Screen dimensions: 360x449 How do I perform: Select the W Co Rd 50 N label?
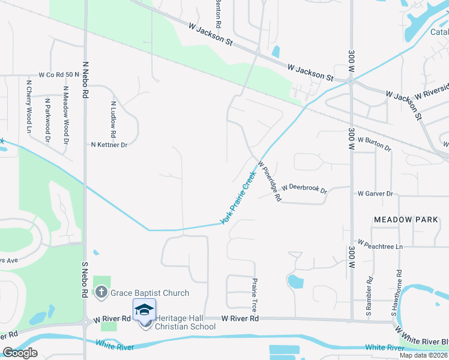point(59,75)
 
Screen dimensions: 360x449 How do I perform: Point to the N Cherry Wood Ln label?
point(28,106)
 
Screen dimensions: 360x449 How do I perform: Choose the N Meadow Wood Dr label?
point(65,115)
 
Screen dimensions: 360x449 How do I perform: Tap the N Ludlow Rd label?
point(112,119)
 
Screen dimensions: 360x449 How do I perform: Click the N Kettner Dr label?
point(109,145)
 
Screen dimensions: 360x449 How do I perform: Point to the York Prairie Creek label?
point(238,197)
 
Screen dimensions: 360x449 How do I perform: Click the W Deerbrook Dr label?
point(304,188)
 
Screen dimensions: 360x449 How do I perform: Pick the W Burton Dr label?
point(374,143)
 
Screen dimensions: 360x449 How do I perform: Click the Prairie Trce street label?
point(255,293)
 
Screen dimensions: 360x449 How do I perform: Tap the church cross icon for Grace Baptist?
point(102,293)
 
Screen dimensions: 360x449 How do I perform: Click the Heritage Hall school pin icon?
point(144,310)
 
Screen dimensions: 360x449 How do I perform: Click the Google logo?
point(20,352)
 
